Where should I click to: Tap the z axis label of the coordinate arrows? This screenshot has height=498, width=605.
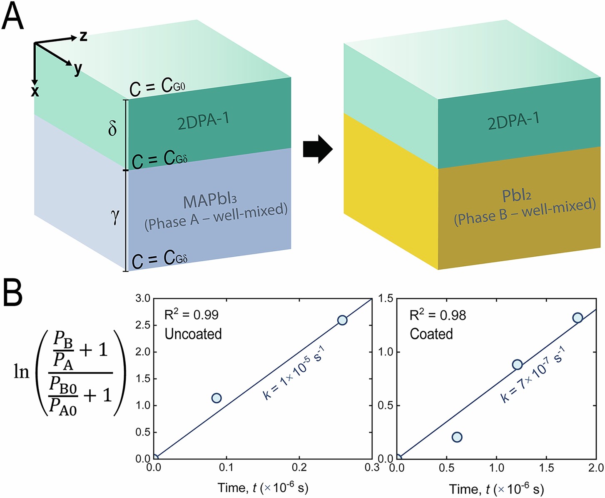click(83, 36)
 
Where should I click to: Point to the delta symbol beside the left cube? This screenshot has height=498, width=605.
click(112, 128)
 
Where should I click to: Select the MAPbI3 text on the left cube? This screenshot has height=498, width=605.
click(210, 201)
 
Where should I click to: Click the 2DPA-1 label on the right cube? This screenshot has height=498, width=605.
click(513, 120)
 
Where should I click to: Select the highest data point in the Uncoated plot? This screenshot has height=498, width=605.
click(342, 320)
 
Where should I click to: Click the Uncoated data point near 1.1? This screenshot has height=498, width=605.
click(216, 398)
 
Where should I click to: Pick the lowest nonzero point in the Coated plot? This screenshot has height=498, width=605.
click(457, 437)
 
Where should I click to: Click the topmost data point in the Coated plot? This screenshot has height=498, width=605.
click(578, 318)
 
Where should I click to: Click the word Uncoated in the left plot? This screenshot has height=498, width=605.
click(193, 334)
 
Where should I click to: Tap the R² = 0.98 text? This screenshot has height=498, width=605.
click(438, 315)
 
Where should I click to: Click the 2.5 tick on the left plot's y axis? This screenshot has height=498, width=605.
click(143, 325)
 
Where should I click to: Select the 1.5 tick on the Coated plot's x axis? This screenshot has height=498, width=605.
click(546, 468)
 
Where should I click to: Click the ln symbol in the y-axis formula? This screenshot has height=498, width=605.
click(22, 371)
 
